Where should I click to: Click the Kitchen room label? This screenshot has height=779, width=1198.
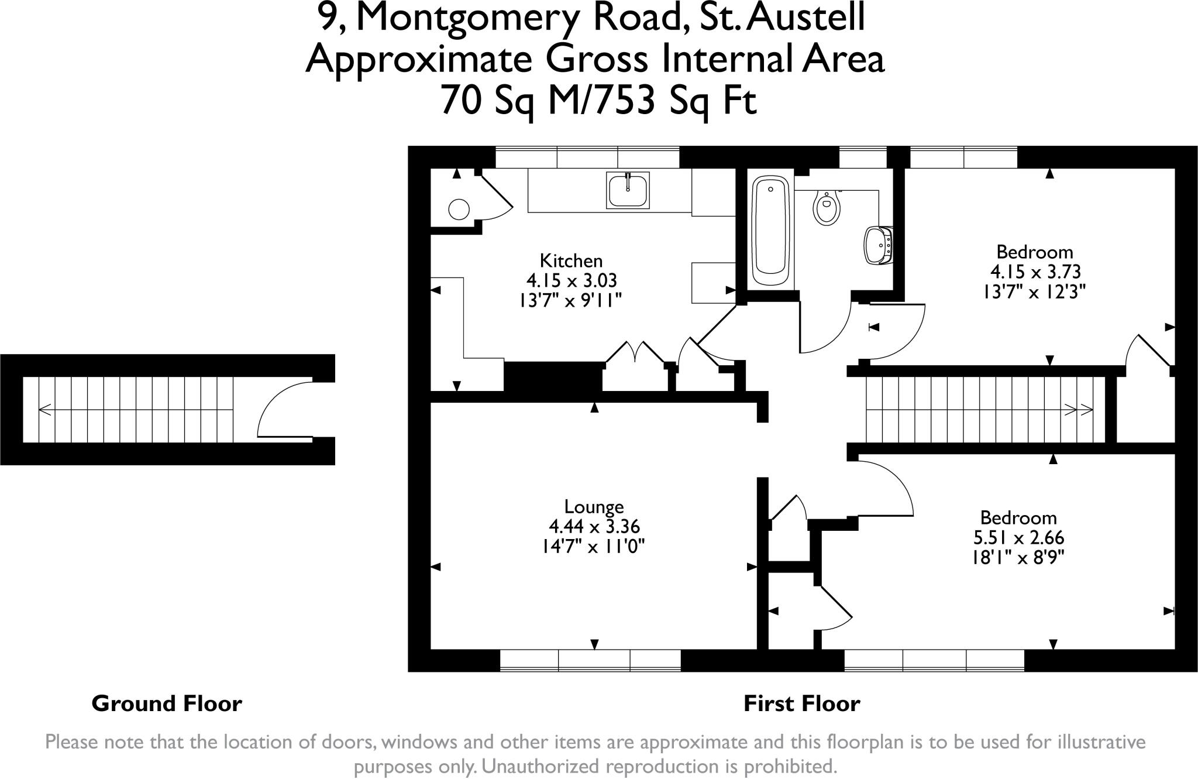coord(571,260)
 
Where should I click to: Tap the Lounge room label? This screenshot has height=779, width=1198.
coord(594,507)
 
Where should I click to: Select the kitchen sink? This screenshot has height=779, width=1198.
coord(628,190)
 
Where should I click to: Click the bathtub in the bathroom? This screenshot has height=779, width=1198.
coord(770,233)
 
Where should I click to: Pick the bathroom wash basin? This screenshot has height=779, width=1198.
coord(879,245)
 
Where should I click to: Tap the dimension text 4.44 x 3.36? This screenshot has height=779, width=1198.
coord(594,527)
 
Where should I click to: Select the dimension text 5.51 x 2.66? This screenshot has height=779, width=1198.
coord(1018,537)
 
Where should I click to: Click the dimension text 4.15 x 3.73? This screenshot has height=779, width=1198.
coord(1035,272)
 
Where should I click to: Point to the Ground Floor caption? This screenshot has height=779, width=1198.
coord(167,703)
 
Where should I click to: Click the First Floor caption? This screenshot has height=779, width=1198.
coord(801,703)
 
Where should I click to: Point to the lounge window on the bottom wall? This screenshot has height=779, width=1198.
coord(590,660)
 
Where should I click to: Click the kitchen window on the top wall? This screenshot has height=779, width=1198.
coord(587,157)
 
